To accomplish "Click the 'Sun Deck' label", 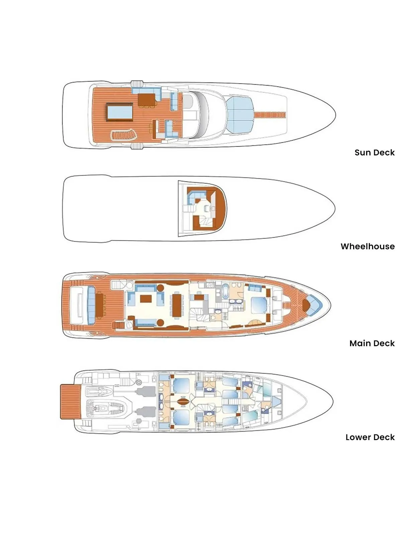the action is click(375, 152).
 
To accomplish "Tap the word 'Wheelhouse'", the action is click(368, 246).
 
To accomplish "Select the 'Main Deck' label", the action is click(372, 343).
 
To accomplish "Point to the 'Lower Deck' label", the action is click(370, 437).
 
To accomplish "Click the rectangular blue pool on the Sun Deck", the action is click(120, 112).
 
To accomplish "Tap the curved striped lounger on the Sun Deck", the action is click(123, 135).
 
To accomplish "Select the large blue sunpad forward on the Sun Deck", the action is click(240, 115).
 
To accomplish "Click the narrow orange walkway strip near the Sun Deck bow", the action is click(270, 115).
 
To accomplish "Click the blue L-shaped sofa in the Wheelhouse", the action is click(196, 196).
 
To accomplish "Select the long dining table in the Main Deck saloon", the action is click(177, 305).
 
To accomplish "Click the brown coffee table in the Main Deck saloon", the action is click(146, 299).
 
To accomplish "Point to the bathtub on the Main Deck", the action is click(225, 291).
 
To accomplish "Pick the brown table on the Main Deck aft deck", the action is click(99, 305).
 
